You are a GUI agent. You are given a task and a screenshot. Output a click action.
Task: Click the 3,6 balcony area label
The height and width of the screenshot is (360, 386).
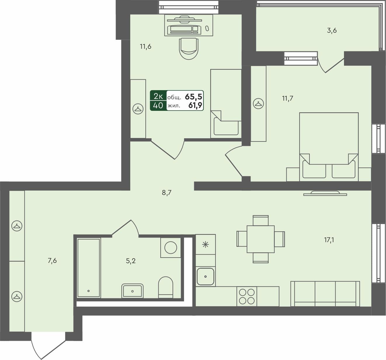(332, 30)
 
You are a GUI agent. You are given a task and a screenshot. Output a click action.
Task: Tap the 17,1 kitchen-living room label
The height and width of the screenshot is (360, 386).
(329, 240)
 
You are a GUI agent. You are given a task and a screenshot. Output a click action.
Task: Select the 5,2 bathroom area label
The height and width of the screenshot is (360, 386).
(131, 261)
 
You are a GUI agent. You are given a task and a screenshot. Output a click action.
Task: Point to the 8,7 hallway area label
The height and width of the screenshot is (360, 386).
(167, 193)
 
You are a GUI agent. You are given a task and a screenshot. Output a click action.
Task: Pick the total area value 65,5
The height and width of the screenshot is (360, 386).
(194, 97)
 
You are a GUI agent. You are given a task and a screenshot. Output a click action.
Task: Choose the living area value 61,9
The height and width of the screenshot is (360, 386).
(195, 105)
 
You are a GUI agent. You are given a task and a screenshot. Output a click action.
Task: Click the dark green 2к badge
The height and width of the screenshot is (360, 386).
(158, 96)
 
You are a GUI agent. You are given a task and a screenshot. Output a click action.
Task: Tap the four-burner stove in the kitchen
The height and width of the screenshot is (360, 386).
(247, 296)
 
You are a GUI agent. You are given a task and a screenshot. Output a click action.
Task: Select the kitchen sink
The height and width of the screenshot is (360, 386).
(206, 276)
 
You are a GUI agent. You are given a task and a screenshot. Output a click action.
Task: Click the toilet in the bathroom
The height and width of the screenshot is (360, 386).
(166, 287)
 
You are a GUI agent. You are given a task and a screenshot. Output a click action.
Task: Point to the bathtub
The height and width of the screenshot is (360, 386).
(88, 268)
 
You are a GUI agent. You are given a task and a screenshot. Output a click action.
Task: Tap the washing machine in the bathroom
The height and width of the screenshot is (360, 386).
(171, 248)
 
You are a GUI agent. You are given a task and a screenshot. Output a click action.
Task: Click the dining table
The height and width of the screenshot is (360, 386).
(260, 239)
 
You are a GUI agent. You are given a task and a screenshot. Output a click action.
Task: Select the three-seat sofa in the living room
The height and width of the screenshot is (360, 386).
(325, 293)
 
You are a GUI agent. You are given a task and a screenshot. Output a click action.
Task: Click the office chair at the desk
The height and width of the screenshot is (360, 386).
(189, 48)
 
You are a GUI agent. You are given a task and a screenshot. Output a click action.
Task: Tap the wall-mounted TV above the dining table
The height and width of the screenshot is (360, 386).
(325, 193)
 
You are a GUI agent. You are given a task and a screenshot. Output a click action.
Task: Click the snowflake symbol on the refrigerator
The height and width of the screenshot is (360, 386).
(206, 244)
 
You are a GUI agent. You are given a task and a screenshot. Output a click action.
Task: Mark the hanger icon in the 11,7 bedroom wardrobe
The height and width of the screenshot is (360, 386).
(258, 104)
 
